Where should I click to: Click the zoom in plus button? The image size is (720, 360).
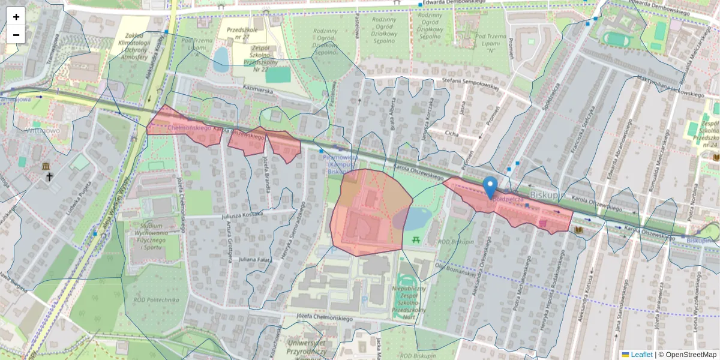[x=16, y=17]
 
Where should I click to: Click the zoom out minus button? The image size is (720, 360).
[x=16, y=35]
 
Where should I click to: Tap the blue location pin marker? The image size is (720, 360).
[x=490, y=187]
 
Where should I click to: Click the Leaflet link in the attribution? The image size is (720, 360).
[x=641, y=355]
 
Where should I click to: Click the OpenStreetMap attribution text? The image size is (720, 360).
[x=687, y=355]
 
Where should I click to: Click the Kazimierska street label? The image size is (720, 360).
[x=257, y=88]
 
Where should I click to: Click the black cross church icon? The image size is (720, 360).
[x=50, y=177]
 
